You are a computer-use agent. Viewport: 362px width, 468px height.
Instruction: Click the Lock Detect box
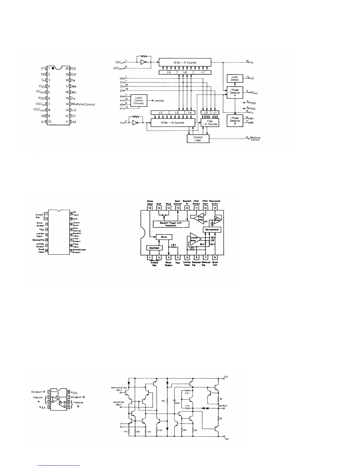(235, 79)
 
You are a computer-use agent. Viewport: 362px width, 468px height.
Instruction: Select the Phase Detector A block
(235, 93)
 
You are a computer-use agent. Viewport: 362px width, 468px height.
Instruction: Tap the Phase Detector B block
(235, 121)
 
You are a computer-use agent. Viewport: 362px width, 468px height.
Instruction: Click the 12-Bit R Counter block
(185, 63)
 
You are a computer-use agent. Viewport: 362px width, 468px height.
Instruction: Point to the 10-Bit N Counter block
(173, 123)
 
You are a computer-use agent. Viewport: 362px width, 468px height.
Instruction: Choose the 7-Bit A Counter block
(210, 123)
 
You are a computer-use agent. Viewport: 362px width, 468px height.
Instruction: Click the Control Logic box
(198, 139)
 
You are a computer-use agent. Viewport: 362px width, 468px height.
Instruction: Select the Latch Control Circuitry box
(138, 101)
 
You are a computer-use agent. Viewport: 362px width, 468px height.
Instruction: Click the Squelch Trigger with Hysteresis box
(171, 224)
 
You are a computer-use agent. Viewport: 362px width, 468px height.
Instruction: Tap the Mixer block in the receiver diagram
(164, 237)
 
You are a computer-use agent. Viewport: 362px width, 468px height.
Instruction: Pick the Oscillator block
(155, 248)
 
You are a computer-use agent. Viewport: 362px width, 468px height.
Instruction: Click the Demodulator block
(212, 230)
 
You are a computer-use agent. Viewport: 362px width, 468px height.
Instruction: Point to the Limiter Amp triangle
(194, 239)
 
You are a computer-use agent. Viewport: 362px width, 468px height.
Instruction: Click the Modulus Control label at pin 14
(83, 104)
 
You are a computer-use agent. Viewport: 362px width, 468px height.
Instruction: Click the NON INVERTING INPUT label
(119, 389)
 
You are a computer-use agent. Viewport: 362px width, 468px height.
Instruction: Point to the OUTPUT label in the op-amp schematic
(223, 406)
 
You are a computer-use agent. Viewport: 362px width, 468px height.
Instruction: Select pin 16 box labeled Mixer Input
(150, 208)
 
